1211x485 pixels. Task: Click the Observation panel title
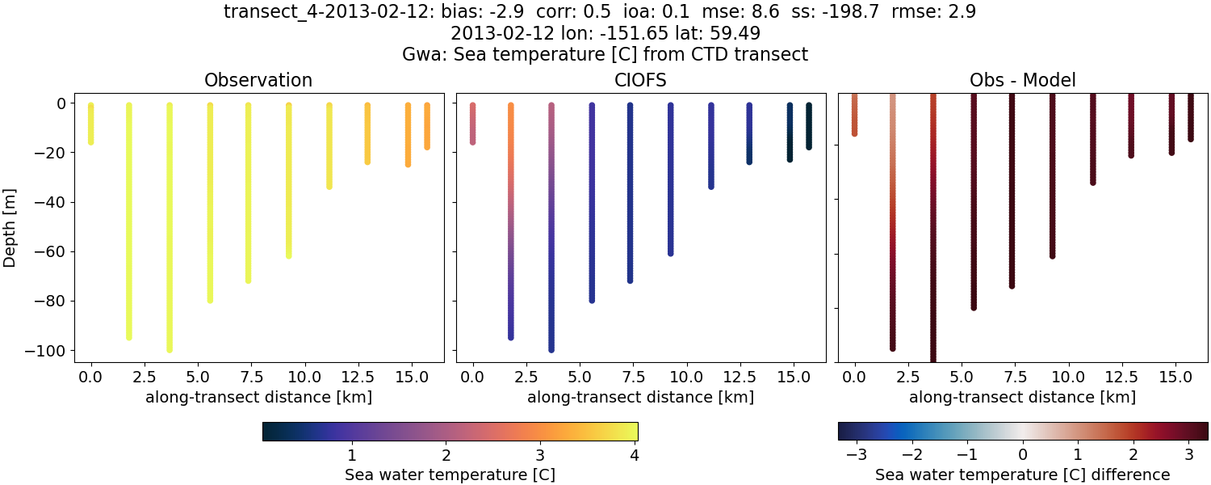click(x=258, y=80)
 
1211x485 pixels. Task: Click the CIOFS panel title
click(x=641, y=80)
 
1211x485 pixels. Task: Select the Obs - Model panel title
click(x=1023, y=80)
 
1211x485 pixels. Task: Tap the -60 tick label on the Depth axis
click(x=53, y=251)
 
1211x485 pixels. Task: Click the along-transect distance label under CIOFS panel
click(x=641, y=397)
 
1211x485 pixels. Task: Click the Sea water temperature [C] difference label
click(x=1023, y=474)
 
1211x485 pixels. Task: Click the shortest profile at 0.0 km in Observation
click(x=91, y=124)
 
